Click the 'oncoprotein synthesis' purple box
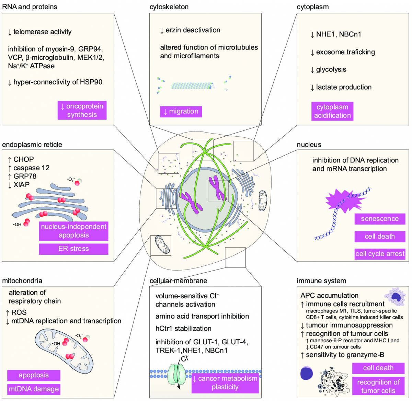(82, 110)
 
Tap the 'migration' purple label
(181, 112)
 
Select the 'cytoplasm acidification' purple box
(332, 111)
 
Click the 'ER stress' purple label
(73, 249)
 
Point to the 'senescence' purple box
(380, 219)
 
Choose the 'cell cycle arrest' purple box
(380, 254)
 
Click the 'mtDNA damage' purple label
(34, 389)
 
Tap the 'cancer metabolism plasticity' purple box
(225, 383)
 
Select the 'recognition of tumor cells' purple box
(378, 386)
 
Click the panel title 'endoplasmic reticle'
(32, 145)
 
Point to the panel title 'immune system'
(321, 281)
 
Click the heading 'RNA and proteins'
(30, 7)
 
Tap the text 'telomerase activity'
(42, 32)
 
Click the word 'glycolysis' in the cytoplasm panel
(331, 69)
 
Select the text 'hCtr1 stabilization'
(183, 329)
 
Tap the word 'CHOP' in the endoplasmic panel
(23, 159)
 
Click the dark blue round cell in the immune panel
(307, 374)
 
